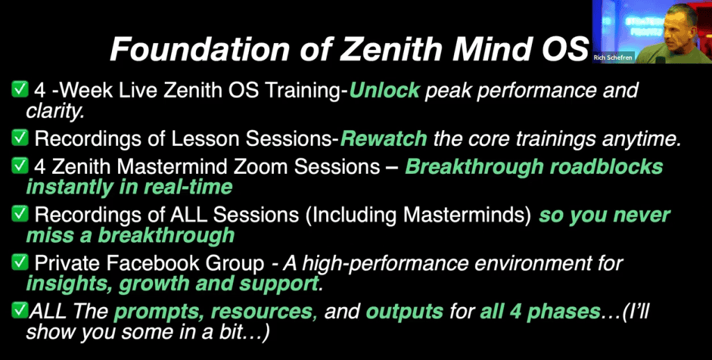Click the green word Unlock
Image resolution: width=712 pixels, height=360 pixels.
[385, 91]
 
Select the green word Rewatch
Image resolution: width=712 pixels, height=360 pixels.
[384, 139]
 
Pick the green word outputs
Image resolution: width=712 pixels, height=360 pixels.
[405, 312]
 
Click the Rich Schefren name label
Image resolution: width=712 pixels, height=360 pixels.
[613, 58]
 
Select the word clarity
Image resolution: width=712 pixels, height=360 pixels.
[55, 111]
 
